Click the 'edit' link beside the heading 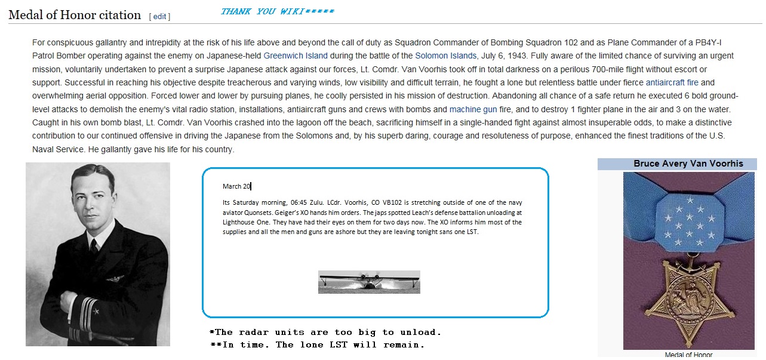[159, 17]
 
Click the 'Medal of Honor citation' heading [75, 15]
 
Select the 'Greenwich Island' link [296, 56]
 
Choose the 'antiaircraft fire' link [672, 82]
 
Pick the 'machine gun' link [473, 109]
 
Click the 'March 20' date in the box [236, 187]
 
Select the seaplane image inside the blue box [369, 282]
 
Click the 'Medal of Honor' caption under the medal [688, 355]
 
